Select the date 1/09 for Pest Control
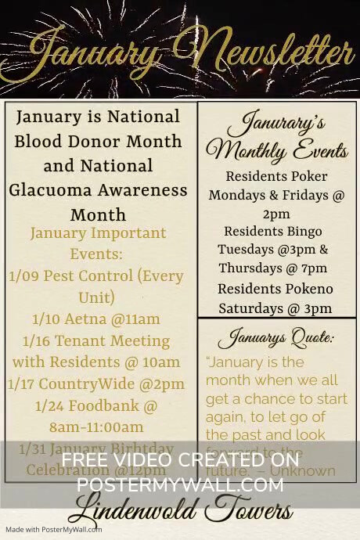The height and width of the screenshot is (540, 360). click(x=23, y=275)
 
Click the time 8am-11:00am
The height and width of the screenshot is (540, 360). click(x=96, y=427)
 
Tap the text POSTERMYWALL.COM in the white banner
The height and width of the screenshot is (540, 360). click(x=180, y=485)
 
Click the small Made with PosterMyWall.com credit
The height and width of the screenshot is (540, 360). click(x=52, y=530)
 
